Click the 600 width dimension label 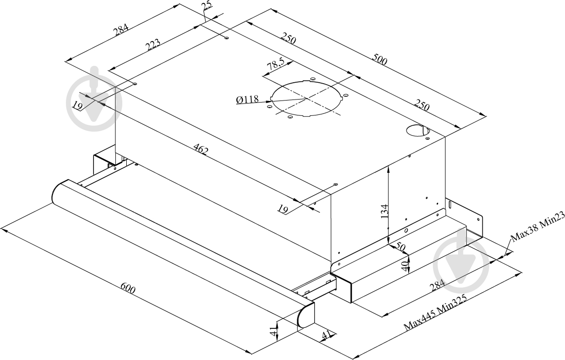click(128, 289)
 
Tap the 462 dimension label click(201, 151)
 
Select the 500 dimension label click(380, 61)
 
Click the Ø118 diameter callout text click(248, 100)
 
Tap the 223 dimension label click(153, 45)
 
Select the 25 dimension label click(207, 6)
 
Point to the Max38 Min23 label click(537, 229)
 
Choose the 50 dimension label click(400, 247)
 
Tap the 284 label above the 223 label click(121, 30)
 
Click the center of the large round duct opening click(307, 98)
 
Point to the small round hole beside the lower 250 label click(418, 131)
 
